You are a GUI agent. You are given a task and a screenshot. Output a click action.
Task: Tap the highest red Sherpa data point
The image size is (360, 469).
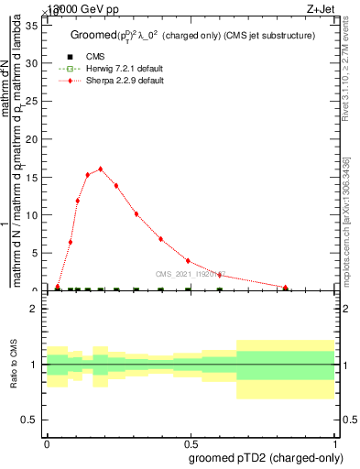(x=101, y=169)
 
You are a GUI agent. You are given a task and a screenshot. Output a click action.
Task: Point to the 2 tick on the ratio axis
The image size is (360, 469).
(x=37, y=309)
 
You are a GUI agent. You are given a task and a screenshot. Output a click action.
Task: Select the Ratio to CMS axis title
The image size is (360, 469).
(x=14, y=364)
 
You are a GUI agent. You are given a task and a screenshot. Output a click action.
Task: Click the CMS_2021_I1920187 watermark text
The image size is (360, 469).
(x=190, y=274)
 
